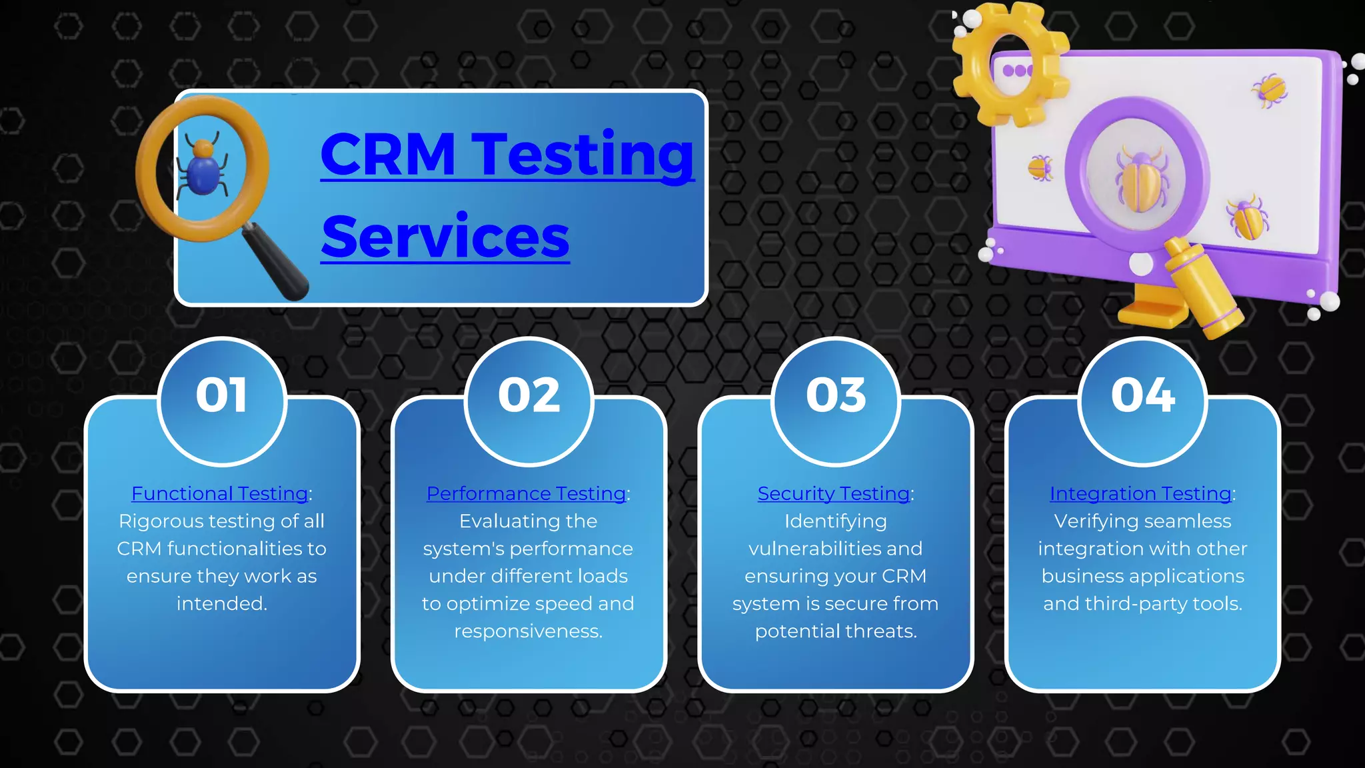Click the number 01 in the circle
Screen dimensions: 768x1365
(221, 396)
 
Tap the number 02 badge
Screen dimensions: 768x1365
(529, 396)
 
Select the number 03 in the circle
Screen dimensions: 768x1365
(836, 396)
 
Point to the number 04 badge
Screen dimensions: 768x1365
(1142, 396)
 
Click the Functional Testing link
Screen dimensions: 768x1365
(220, 494)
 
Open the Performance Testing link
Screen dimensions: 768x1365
(526, 494)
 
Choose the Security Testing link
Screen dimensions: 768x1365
(833, 494)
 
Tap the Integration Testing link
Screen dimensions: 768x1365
(1140, 494)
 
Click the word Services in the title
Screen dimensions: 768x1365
(445, 237)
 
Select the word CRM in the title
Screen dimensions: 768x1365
(388, 155)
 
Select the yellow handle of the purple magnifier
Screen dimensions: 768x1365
(1204, 289)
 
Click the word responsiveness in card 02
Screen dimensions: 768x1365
(528, 631)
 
